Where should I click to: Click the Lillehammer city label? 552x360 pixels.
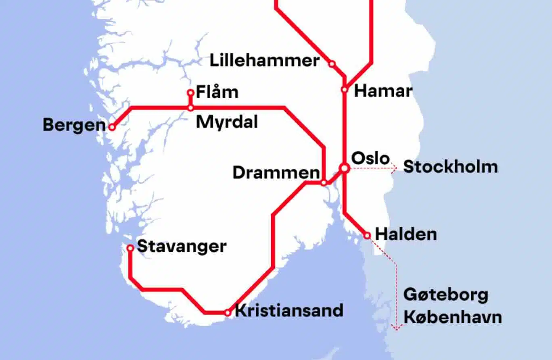coord(265,61)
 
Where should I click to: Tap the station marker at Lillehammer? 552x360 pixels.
coord(332,64)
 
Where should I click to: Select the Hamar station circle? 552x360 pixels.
coord(345,90)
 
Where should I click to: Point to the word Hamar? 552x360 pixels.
coord(383,91)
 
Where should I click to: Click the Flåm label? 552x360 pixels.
coord(217,92)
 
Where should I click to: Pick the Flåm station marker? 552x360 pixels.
coord(190,93)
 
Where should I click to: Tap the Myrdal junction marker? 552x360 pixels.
coord(190,108)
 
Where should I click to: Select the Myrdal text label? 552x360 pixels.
coord(227,122)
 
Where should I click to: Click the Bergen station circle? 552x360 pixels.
coord(112,127)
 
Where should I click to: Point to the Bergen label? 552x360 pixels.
coord(74,125)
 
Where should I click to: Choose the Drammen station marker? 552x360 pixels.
coord(324,183)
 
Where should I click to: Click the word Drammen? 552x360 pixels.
coord(276,173)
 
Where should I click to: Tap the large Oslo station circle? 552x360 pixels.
coord(344,167)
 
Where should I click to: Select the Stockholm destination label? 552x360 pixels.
coord(450,167)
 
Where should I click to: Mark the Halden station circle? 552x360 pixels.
coord(367,235)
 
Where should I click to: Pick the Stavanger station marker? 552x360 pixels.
coord(130,248)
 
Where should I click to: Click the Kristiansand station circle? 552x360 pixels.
coord(228,312)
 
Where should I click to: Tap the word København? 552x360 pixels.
coord(453,317)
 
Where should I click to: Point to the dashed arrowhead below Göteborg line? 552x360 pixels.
coord(396,327)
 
